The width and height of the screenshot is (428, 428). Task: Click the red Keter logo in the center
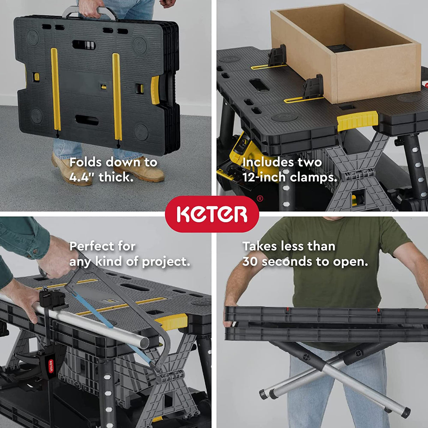[x=212, y=214]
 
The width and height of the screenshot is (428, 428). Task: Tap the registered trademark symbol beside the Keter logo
[x=260, y=199]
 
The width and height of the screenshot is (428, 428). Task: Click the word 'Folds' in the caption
[x=86, y=162]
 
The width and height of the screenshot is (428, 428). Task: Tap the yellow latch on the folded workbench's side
[x=155, y=90]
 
